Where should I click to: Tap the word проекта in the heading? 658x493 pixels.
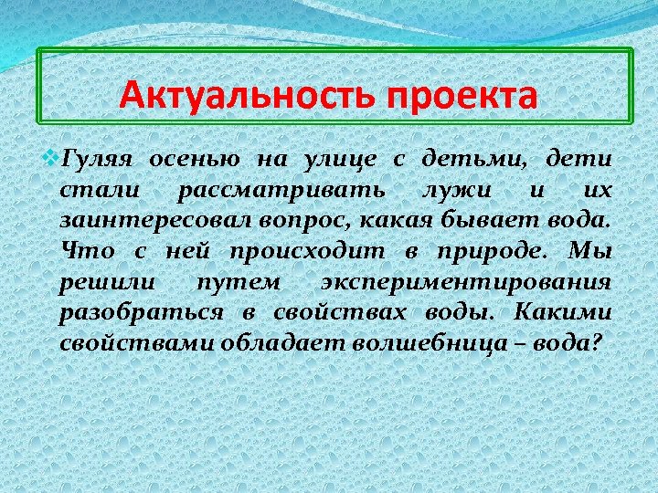pos(462,96)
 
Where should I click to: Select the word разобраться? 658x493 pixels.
pos(141,313)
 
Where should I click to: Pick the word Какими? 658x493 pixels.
pos(563,313)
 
